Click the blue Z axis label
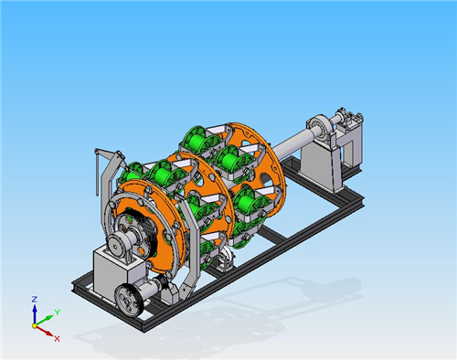pos(35,300)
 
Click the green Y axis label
pos(58,312)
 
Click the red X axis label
pos(57,338)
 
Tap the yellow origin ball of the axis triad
pos(35,326)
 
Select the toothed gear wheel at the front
pos(129,300)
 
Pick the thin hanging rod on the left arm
pos(97,173)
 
